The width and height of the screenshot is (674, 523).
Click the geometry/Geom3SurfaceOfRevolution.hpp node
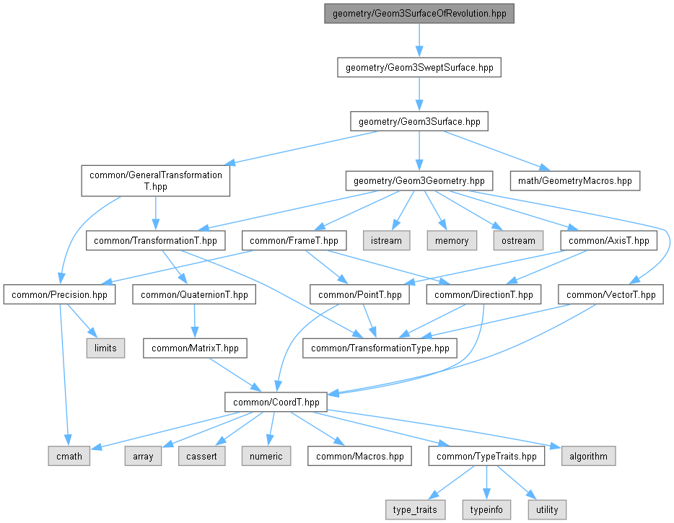tap(419, 13)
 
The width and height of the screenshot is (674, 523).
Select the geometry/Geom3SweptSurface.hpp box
tap(419, 68)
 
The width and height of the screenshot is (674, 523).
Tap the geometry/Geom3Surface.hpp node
tap(419, 122)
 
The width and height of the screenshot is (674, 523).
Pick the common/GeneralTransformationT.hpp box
tap(156, 181)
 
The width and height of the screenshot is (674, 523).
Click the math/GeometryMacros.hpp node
tap(574, 181)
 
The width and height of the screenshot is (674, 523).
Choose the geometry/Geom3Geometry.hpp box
tap(419, 181)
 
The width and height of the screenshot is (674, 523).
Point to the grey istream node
tap(386, 241)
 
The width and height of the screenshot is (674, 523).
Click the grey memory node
tap(452, 241)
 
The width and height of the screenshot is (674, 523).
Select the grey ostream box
tap(518, 241)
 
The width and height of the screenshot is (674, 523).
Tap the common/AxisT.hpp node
tap(608, 241)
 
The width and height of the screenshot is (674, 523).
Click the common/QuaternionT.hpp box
tap(194, 295)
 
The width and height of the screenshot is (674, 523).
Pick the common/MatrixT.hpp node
tap(195, 348)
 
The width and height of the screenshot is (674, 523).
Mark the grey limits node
tap(105, 348)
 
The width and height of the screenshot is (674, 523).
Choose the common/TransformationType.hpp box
tap(380, 348)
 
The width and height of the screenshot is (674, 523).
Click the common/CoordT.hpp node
tap(276, 403)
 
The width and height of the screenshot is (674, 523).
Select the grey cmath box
tap(69, 456)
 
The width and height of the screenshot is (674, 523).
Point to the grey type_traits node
tap(415, 510)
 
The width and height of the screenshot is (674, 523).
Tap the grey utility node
tap(547, 510)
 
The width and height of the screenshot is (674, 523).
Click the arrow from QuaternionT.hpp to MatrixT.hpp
tap(194, 321)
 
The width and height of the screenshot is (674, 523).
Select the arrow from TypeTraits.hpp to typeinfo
tap(486, 483)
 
